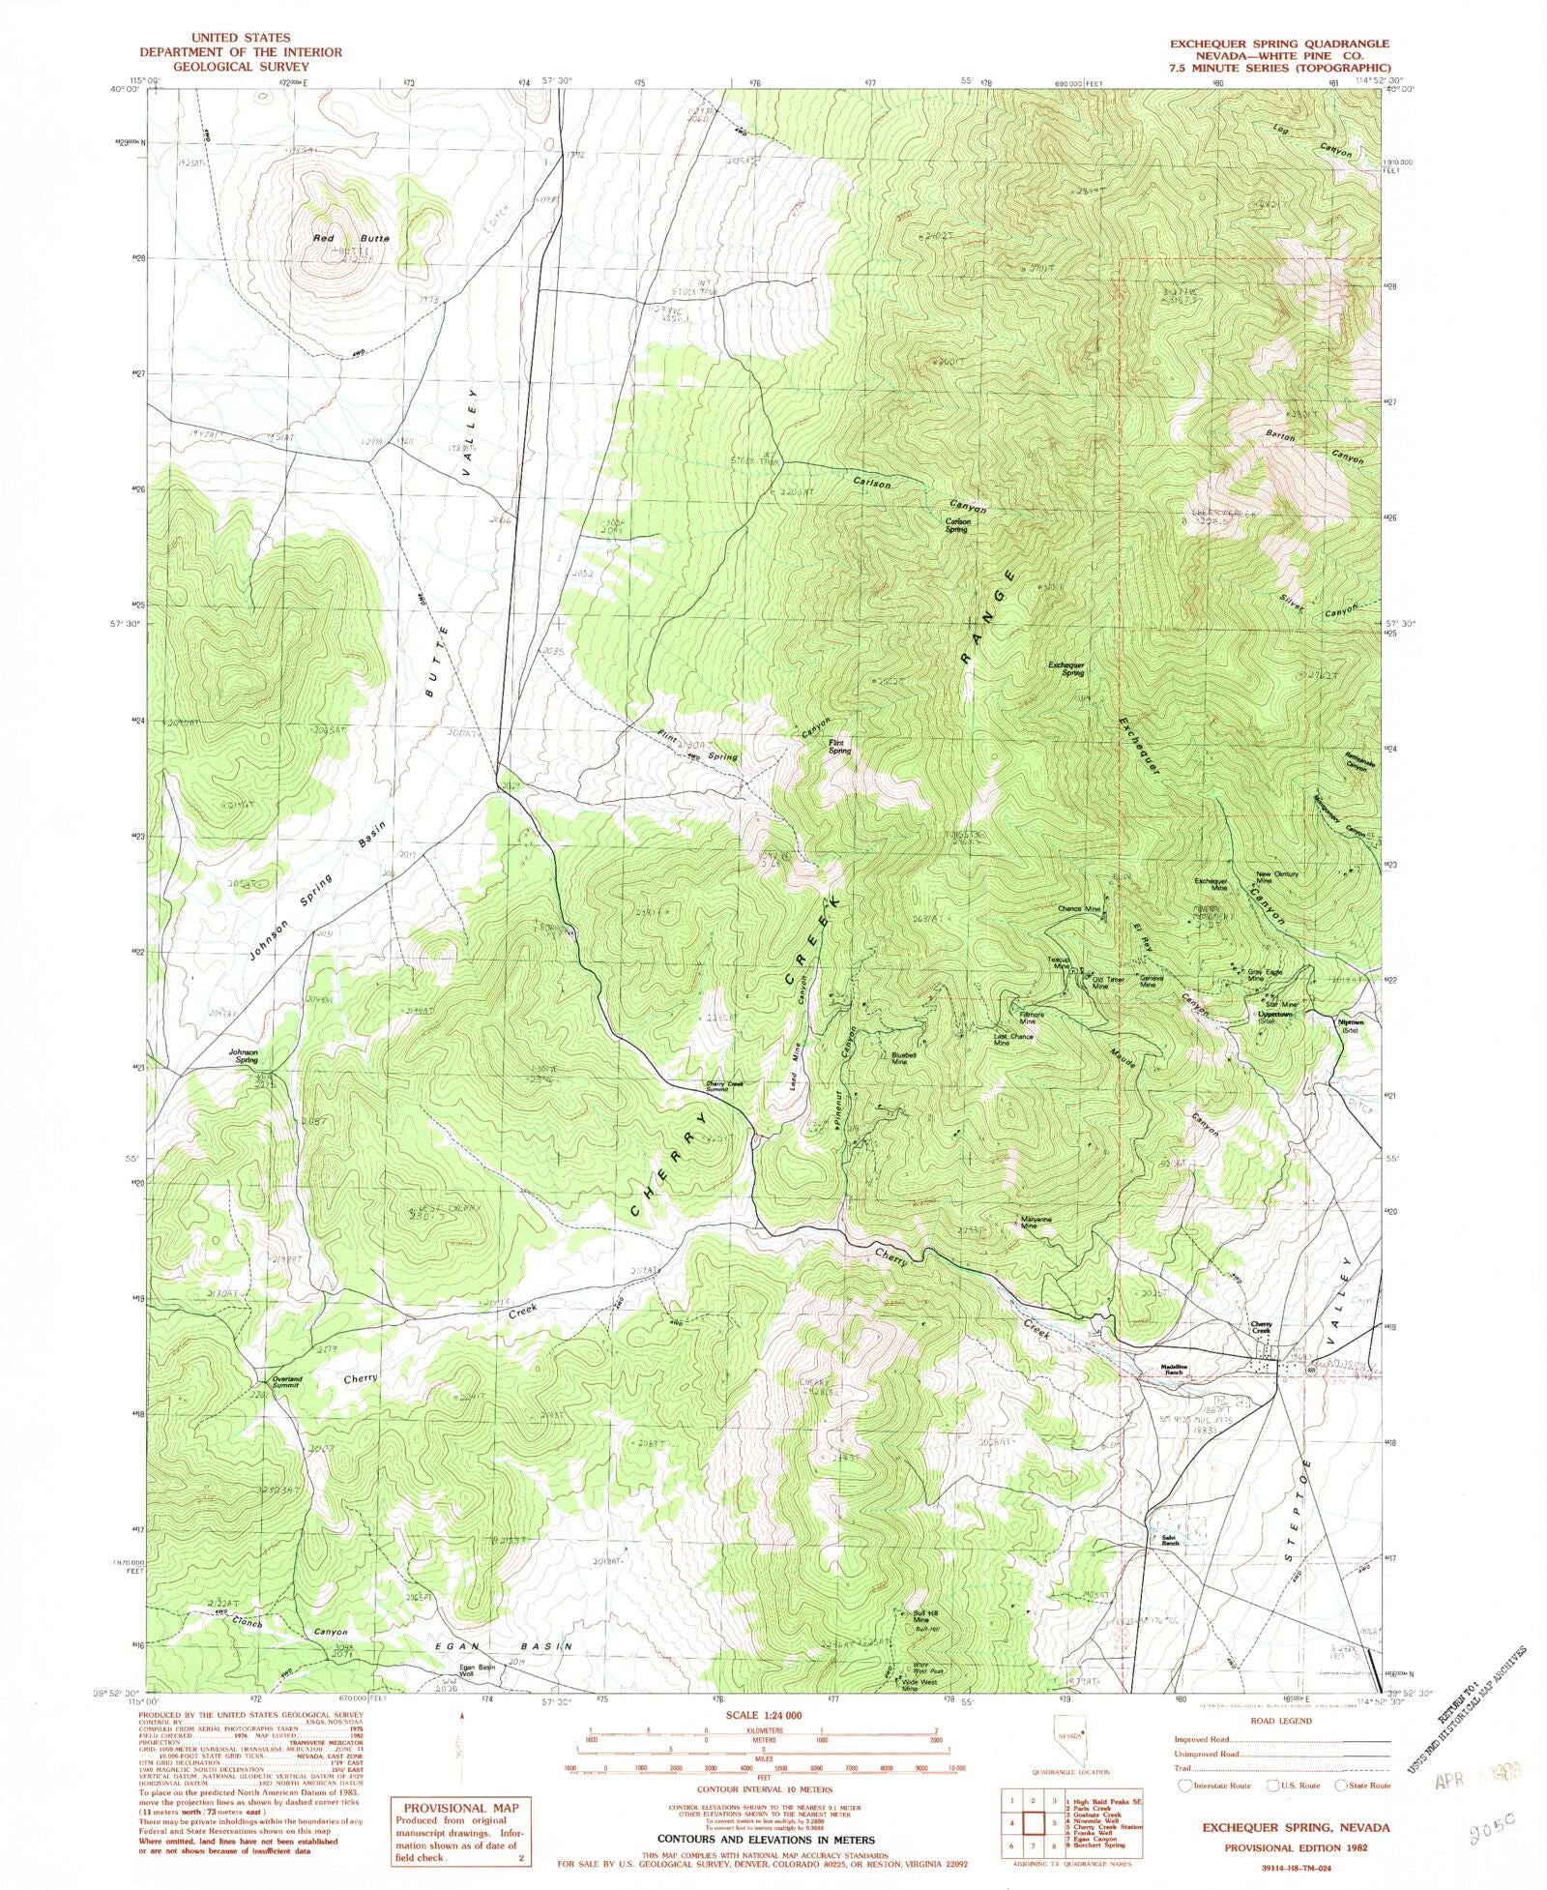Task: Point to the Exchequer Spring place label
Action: [1066, 668]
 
